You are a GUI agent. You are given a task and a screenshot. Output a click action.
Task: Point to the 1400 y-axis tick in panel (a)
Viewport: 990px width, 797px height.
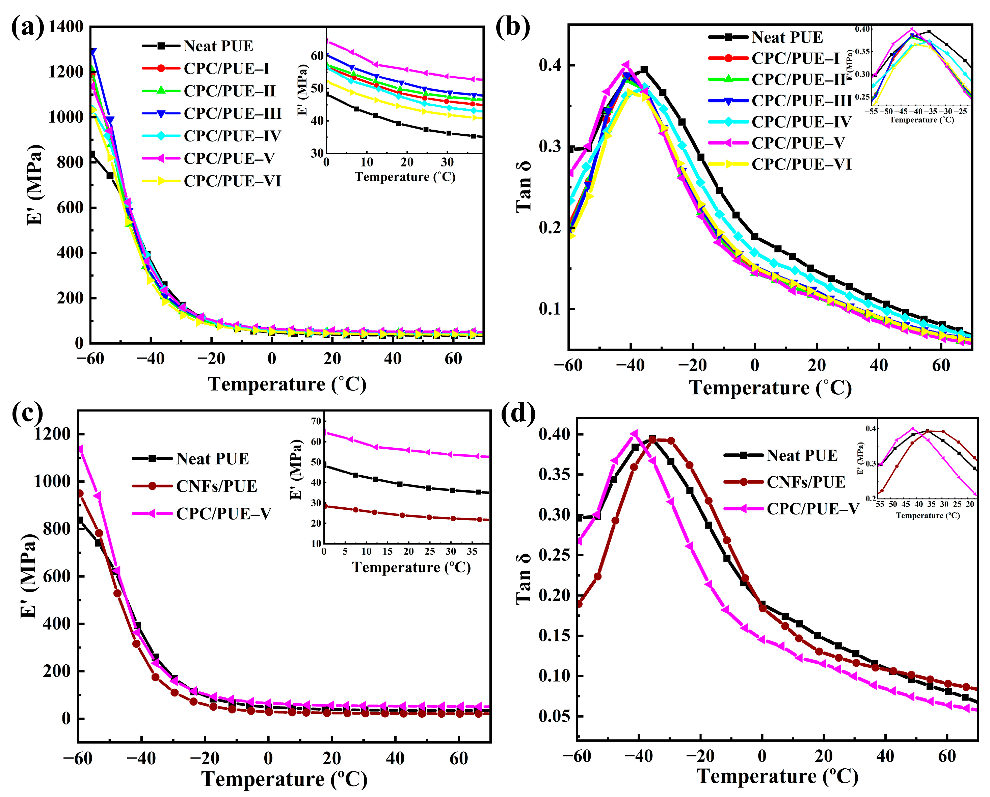pyautogui.click(x=66, y=27)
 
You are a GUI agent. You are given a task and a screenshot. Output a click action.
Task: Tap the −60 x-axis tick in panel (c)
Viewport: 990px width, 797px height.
pyautogui.click(x=78, y=759)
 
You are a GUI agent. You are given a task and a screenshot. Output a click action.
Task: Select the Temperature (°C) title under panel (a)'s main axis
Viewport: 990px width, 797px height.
pyautogui.click(x=287, y=384)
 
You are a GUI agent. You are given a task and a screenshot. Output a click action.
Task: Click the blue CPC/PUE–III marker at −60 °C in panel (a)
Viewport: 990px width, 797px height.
pyautogui.click(x=93, y=52)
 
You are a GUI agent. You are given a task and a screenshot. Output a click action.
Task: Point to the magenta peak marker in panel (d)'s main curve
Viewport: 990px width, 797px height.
pyautogui.click(x=634, y=433)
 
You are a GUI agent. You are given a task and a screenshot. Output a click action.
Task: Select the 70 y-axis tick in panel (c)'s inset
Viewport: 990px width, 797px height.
pyautogui.click(x=316, y=421)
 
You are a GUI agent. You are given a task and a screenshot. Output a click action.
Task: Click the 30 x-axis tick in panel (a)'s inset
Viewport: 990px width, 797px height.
pyautogui.click(x=447, y=162)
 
